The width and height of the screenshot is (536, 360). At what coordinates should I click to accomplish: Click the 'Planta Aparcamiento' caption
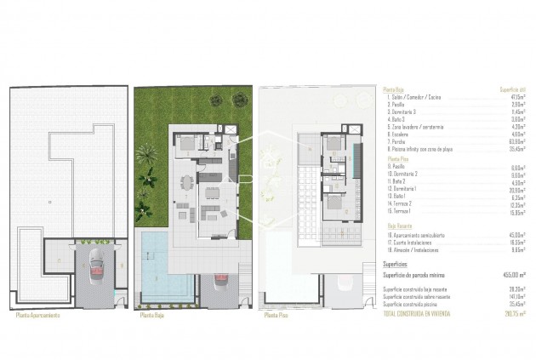(38, 315)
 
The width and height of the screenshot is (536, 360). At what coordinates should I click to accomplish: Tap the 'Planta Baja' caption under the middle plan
(153, 315)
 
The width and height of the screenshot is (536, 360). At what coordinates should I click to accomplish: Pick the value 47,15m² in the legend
(515, 98)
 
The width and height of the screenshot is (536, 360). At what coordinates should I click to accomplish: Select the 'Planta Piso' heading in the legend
(397, 158)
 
